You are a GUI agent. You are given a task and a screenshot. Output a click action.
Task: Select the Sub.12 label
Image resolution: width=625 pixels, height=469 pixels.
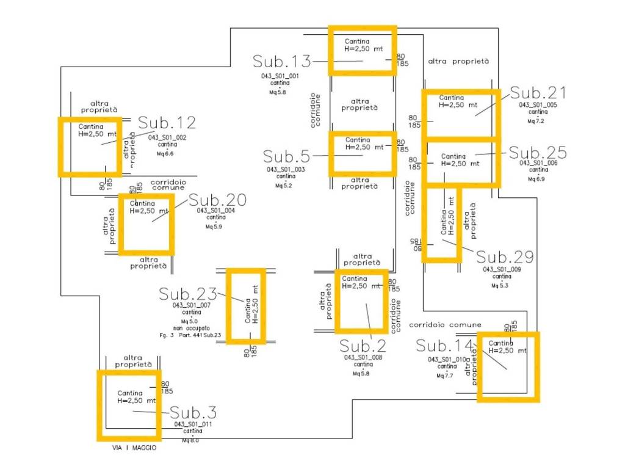(167, 123)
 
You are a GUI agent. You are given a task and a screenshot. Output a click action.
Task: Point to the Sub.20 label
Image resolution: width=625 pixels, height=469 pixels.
(217, 200)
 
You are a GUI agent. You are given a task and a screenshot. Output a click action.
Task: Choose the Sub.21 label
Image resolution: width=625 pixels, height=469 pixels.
(538, 93)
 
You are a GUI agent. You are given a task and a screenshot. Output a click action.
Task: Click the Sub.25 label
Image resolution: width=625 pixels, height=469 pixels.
(538, 153)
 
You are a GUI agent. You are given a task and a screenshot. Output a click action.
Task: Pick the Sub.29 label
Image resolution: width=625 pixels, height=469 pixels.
(505, 256)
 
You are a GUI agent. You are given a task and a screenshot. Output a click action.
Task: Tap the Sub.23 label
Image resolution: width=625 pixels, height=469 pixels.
(188, 294)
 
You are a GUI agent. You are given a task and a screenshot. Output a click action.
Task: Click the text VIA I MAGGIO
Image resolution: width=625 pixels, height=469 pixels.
(134, 448)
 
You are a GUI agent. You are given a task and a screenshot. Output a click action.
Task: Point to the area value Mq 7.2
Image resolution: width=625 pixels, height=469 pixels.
(535, 121)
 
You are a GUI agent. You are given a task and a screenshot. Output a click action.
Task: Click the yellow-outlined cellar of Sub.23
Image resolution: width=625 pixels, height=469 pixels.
(246, 306)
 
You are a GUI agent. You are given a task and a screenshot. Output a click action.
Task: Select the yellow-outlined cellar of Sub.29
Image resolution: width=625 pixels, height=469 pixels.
(442, 224)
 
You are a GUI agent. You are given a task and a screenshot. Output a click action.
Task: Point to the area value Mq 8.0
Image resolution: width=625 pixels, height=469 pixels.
(190, 440)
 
